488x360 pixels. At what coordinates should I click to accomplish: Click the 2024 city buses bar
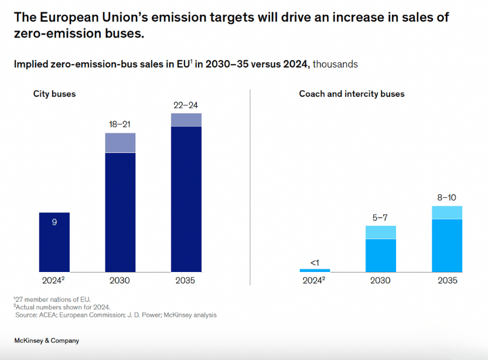54,242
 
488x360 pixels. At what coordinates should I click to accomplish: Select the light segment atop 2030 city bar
120,142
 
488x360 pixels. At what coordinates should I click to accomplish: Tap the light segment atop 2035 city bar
186,120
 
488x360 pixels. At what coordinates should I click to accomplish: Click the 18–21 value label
120,125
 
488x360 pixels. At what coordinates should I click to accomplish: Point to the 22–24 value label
186,105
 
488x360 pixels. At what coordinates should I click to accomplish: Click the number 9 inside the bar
54,222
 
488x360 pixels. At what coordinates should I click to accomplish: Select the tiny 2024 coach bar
315,270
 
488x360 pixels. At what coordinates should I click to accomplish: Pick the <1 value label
315,262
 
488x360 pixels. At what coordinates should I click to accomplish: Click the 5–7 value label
380,218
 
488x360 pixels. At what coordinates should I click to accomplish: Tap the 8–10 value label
446,198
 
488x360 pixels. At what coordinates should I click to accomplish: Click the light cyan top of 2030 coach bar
381,232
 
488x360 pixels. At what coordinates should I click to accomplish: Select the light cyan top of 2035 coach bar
447,212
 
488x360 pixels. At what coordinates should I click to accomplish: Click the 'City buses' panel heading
54,94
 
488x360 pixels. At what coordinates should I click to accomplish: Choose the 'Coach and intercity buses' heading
352,94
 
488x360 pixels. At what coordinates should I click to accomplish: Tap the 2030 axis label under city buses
120,281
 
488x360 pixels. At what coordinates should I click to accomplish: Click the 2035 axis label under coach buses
447,281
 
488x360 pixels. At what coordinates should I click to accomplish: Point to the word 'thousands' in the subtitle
335,64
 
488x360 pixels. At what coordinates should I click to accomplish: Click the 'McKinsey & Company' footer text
47,341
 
